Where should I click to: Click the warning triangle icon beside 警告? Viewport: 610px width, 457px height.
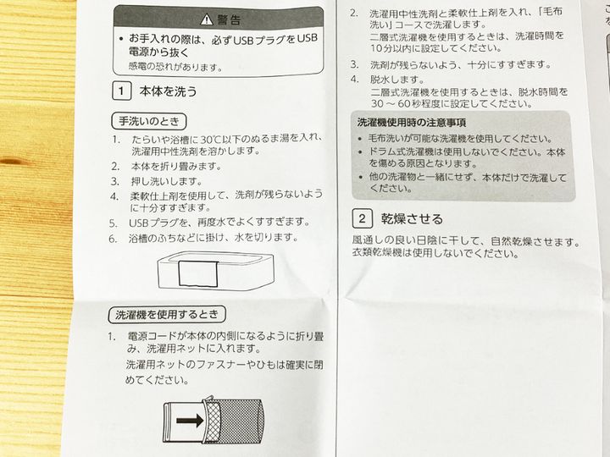point(207,19)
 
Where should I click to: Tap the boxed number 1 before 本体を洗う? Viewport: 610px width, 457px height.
point(121,91)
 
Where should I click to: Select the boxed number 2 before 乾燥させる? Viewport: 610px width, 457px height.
point(363,218)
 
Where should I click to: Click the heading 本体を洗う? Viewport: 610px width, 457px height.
point(168,91)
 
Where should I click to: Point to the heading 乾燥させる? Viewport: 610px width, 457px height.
point(412,219)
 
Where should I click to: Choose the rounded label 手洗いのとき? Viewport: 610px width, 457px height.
point(149,121)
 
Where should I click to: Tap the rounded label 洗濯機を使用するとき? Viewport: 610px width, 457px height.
point(167,314)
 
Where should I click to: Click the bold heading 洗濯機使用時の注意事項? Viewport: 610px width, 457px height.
point(411,123)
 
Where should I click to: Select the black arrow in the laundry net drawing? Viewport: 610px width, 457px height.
point(190,420)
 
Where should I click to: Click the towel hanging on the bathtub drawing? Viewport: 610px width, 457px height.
point(197,274)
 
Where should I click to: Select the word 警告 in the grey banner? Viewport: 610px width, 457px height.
point(229,19)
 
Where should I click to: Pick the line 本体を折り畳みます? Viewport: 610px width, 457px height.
point(176,167)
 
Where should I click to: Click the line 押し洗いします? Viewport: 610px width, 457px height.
point(167,181)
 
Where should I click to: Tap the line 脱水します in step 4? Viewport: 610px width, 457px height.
point(396,80)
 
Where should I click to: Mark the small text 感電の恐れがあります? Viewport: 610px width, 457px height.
point(175,67)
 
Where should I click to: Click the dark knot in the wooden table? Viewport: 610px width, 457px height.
point(12,161)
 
